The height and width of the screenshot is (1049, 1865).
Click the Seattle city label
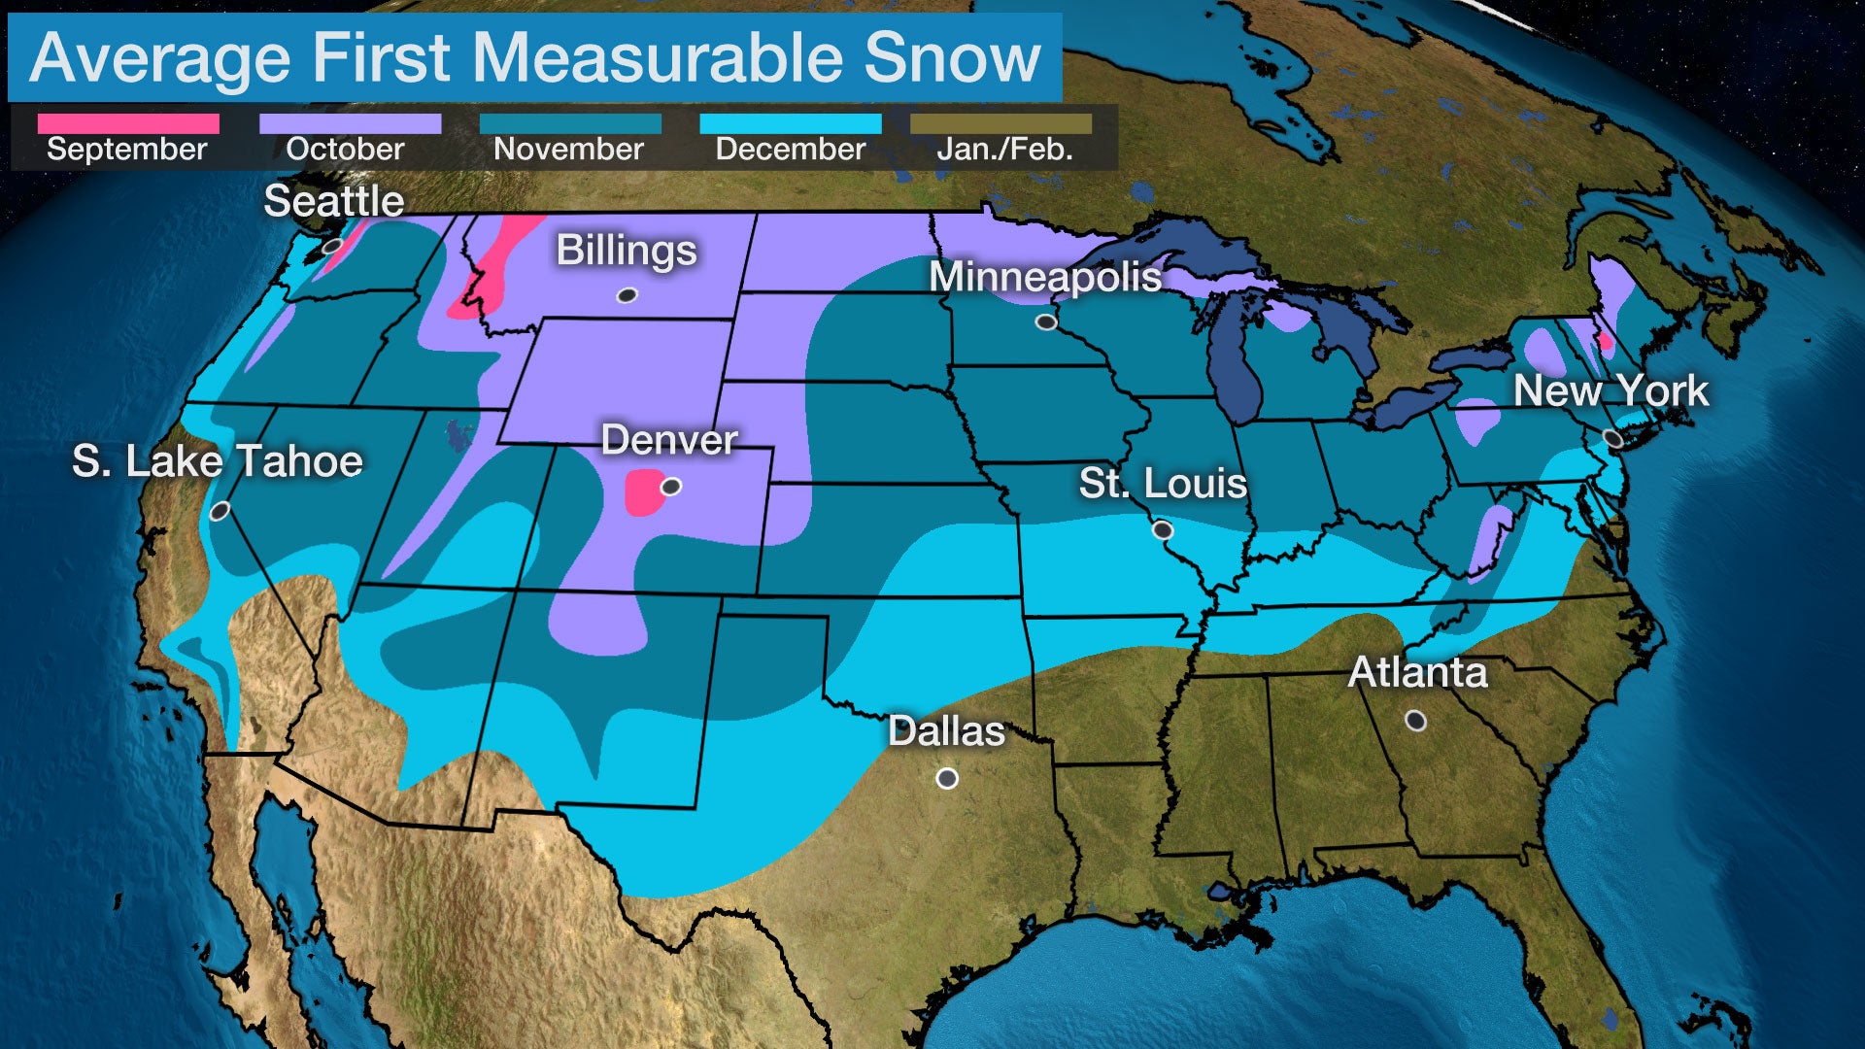tap(334, 201)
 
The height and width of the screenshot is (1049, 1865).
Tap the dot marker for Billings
tap(627, 295)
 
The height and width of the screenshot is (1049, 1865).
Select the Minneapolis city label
tap(1045, 277)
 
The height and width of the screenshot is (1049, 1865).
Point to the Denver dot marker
tap(671, 487)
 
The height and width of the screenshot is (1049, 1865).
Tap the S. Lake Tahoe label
tap(218, 460)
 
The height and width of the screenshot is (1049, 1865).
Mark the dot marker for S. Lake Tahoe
tap(220, 511)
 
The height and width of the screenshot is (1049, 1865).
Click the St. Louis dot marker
tap(1163, 530)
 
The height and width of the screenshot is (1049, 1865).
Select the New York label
tap(1611, 390)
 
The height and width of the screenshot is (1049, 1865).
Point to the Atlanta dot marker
tap(1416, 721)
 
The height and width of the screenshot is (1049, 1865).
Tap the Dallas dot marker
tap(947, 779)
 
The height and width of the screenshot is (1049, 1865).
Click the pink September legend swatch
tap(128, 123)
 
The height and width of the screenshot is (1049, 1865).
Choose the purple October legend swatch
tap(350, 123)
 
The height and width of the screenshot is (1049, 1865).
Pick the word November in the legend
tap(568, 150)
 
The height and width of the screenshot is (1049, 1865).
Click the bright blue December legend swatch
tap(791, 123)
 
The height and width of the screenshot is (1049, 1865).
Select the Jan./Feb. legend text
tap(1004, 150)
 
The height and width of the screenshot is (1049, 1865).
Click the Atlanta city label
tap(1417, 672)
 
